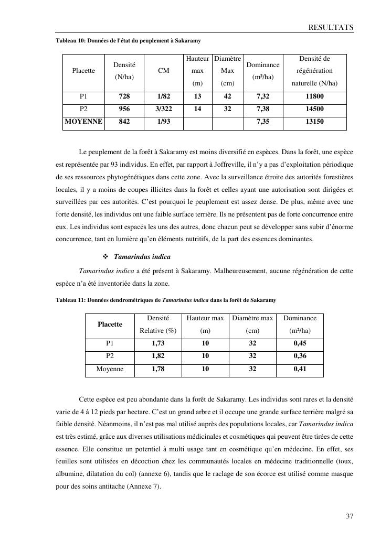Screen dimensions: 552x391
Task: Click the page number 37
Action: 350,516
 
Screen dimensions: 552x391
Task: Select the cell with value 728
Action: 124,96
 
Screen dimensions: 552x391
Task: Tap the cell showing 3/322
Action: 163,109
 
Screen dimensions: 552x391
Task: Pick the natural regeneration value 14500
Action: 314,109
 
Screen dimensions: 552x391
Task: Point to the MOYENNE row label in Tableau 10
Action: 83,122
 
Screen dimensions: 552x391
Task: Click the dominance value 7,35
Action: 263,122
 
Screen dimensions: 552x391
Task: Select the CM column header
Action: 163,71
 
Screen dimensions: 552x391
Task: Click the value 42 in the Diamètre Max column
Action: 227,96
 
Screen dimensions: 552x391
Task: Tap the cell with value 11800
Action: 314,96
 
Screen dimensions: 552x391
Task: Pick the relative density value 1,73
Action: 158,343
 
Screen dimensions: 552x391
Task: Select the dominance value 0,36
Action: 300,356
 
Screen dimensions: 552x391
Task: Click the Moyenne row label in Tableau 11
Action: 110,369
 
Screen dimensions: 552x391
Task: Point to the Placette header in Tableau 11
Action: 110,324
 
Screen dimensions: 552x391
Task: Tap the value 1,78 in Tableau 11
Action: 158,369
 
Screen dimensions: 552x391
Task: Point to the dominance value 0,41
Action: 300,369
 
